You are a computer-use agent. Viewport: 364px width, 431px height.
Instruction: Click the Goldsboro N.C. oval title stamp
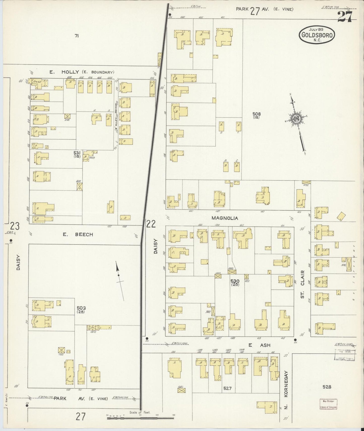[317, 35]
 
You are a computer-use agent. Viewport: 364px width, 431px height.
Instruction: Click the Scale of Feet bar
[140, 418]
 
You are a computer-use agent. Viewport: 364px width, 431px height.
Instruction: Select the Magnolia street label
[225, 218]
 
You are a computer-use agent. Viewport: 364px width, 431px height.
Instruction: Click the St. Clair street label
[303, 284]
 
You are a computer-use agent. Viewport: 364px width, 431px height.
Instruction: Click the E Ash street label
[259, 345]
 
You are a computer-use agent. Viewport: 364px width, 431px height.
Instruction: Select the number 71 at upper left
[77, 36]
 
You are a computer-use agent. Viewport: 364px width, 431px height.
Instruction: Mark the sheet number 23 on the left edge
[14, 226]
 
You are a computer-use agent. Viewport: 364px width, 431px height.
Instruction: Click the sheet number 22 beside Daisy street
[151, 224]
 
